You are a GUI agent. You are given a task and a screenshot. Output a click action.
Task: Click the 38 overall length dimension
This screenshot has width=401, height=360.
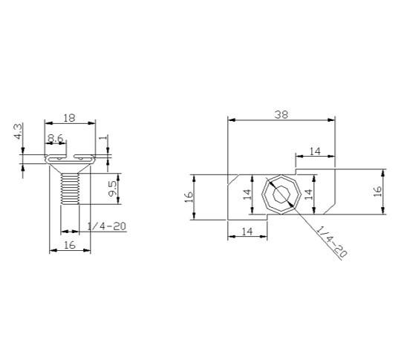pyautogui.click(x=281, y=115)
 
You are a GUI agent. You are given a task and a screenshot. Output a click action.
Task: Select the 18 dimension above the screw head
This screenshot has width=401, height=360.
pyautogui.click(x=69, y=118)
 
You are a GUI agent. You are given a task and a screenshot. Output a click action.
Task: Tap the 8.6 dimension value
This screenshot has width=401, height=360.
pyautogui.click(x=55, y=138)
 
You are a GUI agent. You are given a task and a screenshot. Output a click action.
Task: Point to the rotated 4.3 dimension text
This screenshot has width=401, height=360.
pyautogui.click(x=18, y=131)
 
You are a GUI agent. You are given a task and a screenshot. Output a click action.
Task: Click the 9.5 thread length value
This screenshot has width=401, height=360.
pyautogui.click(x=113, y=189)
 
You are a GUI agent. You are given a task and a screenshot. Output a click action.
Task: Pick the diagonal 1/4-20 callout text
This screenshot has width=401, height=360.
pyautogui.click(x=332, y=241)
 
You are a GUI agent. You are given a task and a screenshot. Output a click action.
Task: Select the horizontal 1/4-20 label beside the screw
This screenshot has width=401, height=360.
pyautogui.click(x=107, y=226)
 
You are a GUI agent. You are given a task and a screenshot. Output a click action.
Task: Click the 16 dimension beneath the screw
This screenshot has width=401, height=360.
pyautogui.click(x=70, y=245)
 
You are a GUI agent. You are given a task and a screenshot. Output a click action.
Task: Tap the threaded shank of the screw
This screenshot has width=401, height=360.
pyautogui.click(x=70, y=189)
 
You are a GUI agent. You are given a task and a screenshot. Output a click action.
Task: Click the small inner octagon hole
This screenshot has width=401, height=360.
pyautogui.click(x=281, y=194)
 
